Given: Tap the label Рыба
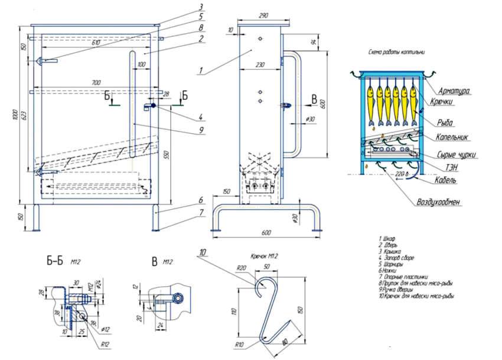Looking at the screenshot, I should click(446, 122).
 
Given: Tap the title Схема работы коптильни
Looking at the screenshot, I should click(397, 52).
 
